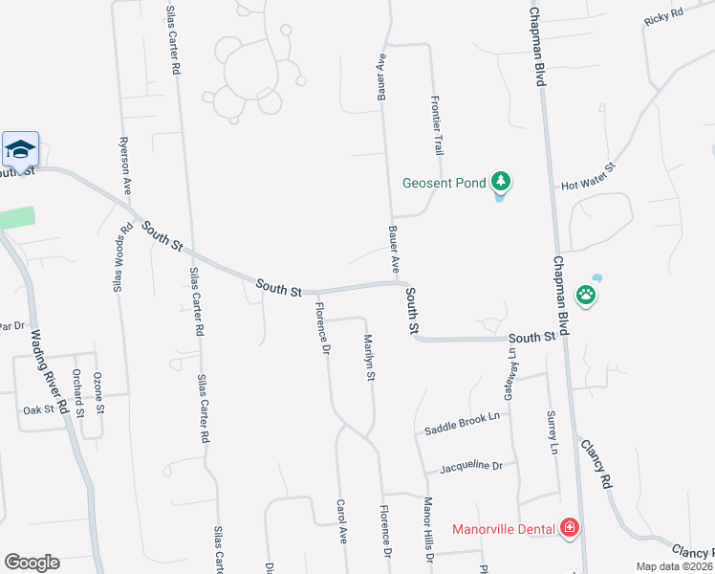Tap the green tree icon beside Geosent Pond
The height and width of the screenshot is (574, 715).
[499, 181]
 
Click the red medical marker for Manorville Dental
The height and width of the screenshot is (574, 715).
[570, 527]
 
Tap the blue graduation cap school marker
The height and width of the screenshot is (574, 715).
[20, 149]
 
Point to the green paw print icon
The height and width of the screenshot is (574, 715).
[586, 296]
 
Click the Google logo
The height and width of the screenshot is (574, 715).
[32, 563]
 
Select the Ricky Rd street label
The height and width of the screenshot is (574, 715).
[663, 17]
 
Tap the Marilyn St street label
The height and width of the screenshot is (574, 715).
[368, 358]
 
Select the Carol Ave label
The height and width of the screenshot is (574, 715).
[340, 520]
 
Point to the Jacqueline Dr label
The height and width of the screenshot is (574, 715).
[470, 466]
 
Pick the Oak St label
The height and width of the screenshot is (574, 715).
[39, 410]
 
